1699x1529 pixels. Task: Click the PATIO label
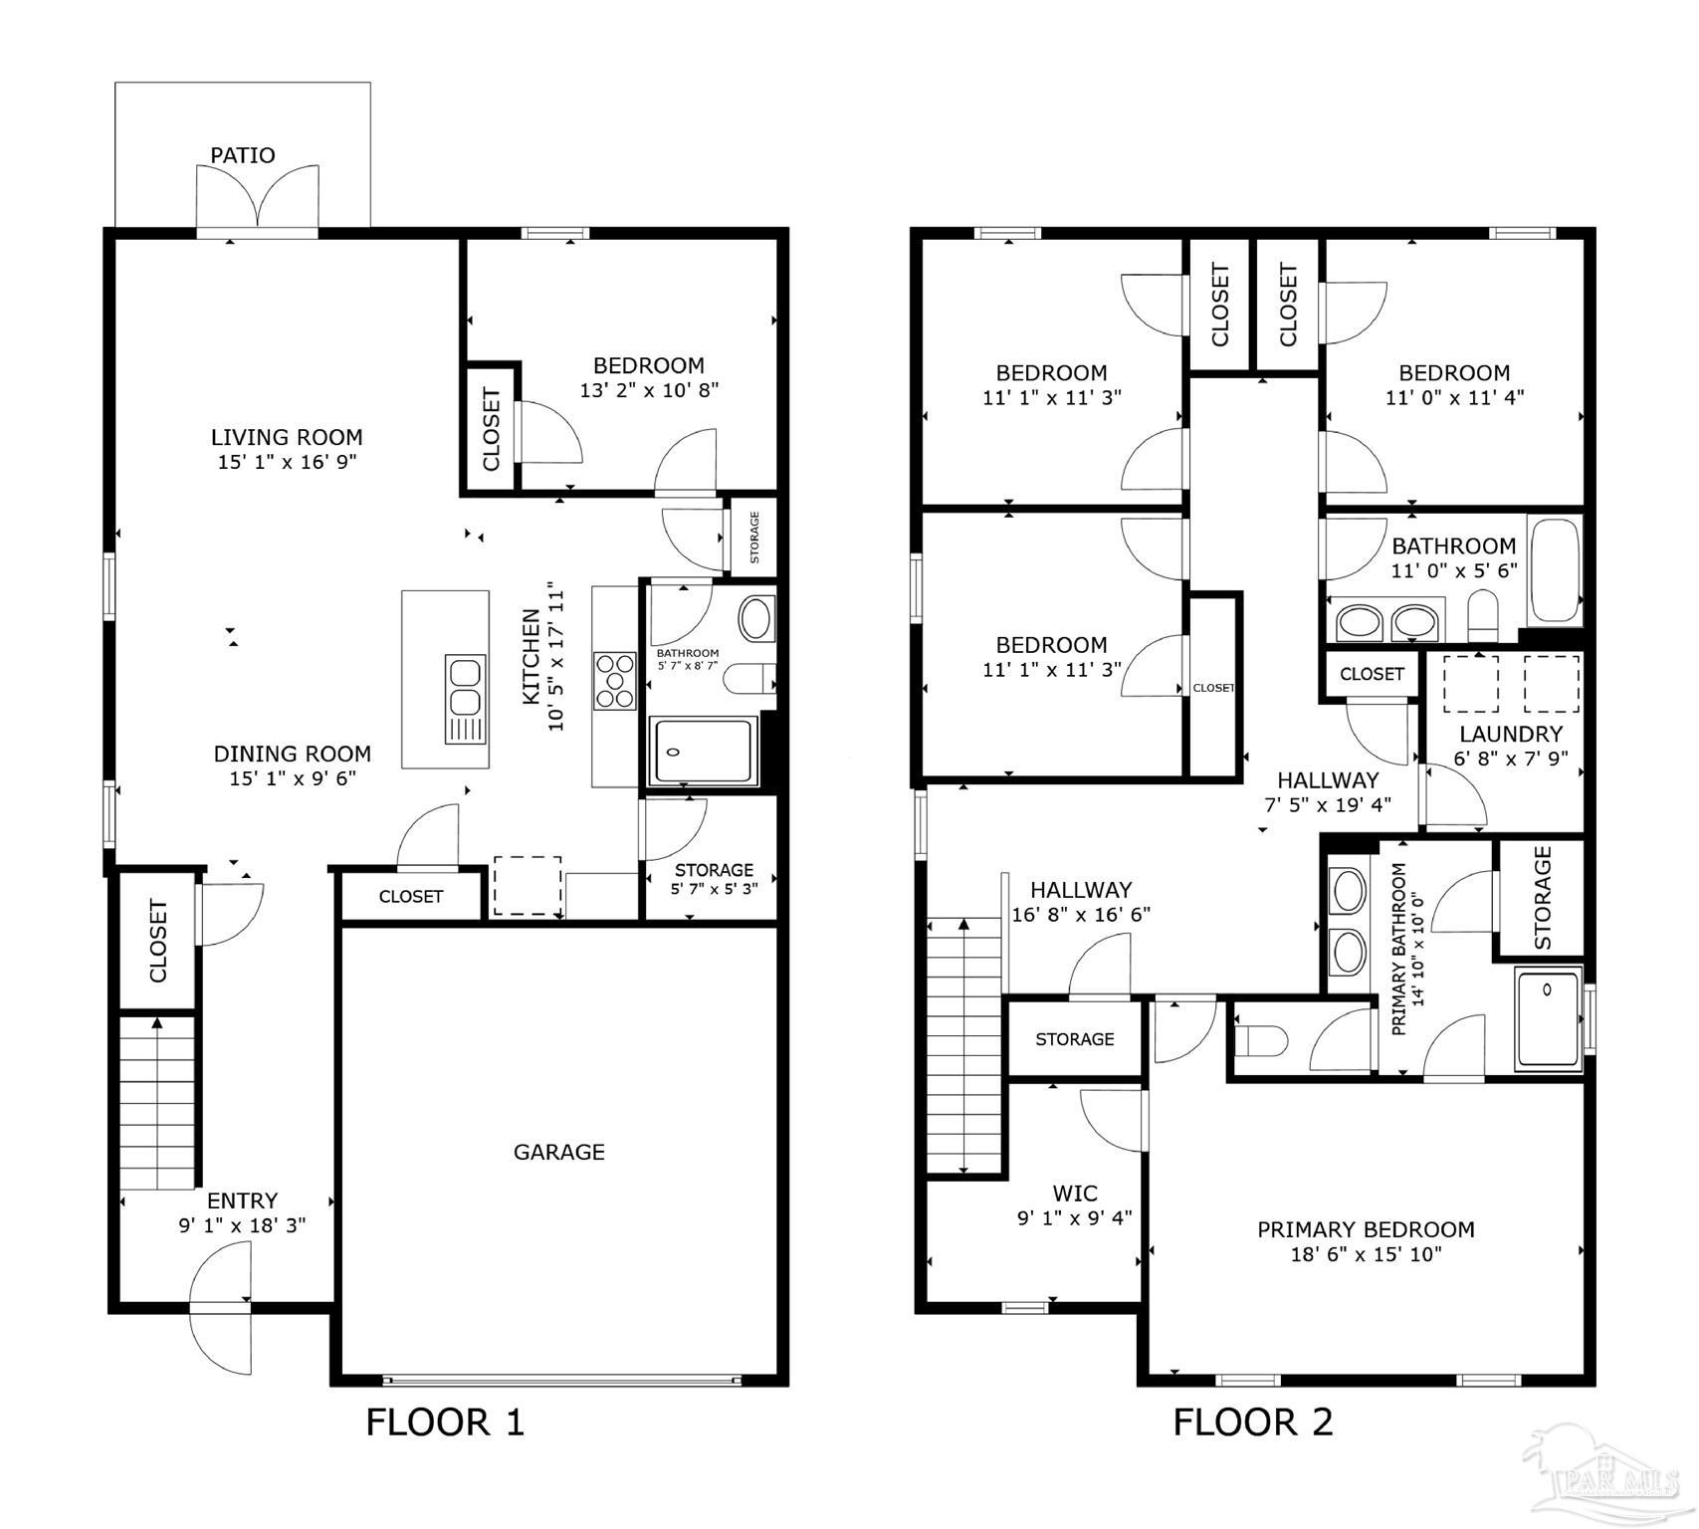coord(242,155)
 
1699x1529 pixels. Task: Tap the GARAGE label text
coord(558,1152)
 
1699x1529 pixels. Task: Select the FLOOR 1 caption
coord(445,1421)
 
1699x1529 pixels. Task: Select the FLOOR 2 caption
coord(1252,1421)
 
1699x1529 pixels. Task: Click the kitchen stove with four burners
coord(615,681)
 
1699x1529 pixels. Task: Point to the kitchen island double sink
coord(465,700)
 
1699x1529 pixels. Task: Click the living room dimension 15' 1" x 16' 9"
coord(287,462)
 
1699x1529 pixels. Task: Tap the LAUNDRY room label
coord(1510,734)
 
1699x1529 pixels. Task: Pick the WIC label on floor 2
coord(1075,1193)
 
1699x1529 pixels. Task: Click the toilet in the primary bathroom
coord(1259,1041)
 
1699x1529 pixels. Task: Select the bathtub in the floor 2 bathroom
coord(1555,569)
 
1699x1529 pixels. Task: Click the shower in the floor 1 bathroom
coord(703,751)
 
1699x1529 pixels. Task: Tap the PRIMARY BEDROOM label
coord(1366,1229)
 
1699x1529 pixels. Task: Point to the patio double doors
coord(258,199)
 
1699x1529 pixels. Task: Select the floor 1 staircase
coord(157,1101)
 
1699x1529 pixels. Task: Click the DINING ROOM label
coord(293,754)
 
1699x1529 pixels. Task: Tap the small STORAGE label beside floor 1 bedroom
coord(754,538)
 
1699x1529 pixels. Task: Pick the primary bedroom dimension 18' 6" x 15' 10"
coord(1366,1254)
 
